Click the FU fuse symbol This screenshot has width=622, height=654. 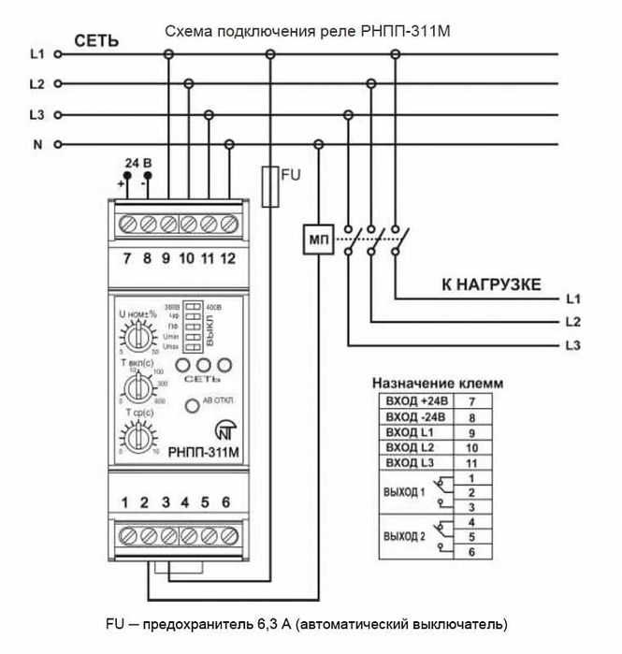click(x=269, y=184)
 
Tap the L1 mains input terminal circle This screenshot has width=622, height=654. click(x=58, y=55)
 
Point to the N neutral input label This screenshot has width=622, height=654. click(x=36, y=145)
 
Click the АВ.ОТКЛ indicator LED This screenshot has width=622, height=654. click(x=191, y=405)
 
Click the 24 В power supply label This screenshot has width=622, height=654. click(x=137, y=162)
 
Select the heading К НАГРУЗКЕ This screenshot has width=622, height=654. click(x=491, y=283)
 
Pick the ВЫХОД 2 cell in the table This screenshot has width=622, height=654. click(x=405, y=537)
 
